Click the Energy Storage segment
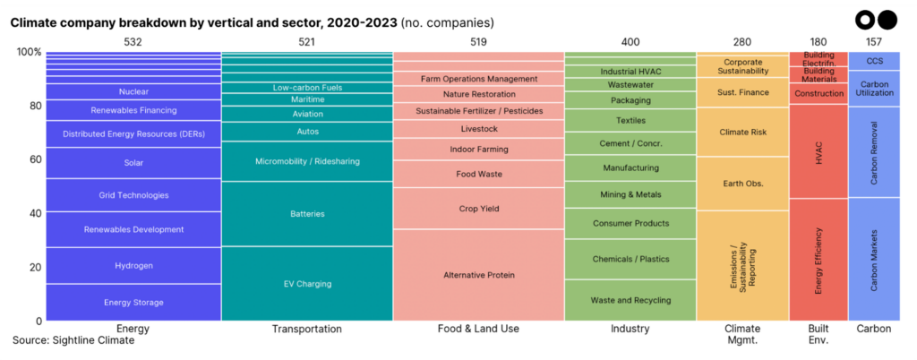coord(133,303)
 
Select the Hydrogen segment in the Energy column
coord(133,266)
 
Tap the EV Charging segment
coord(307,284)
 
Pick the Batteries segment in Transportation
coord(307,214)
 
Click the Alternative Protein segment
coord(478,275)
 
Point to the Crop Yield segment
coord(478,209)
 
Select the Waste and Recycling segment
coord(630,300)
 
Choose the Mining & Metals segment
coord(630,194)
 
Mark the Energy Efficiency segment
coord(818,260)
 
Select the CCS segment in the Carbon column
coord(874,61)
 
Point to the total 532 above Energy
coord(133,41)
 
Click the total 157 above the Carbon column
coord(874,41)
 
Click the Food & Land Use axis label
coord(478,329)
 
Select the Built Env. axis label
coord(818,334)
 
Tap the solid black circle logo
coord(886,19)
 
